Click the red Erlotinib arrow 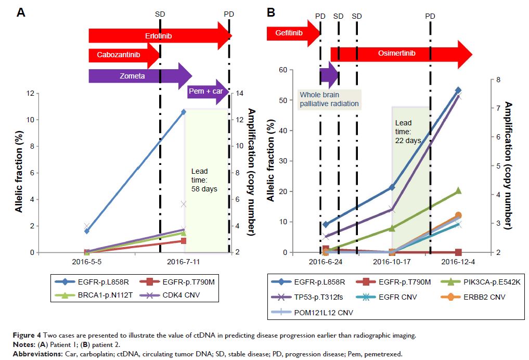click(159, 36)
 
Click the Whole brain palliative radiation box click(329, 99)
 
